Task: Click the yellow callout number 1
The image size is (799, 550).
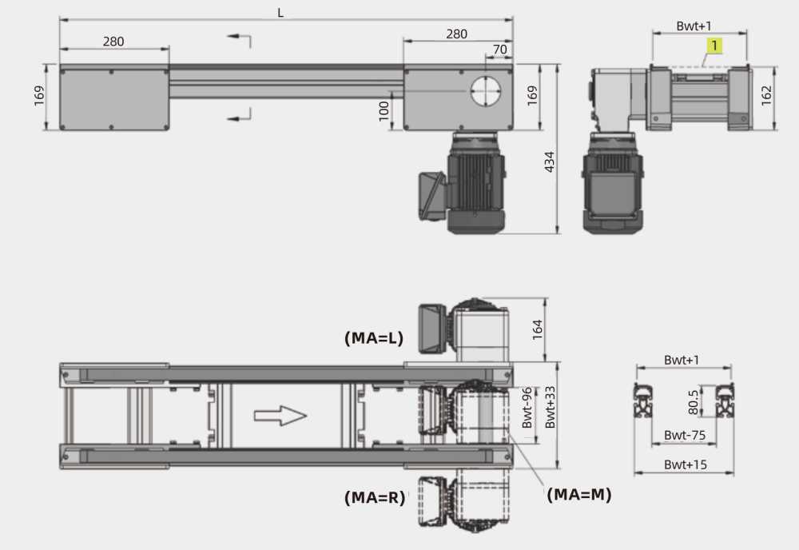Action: (714, 46)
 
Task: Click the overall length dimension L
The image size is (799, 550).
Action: (280, 14)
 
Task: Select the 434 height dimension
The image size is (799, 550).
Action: (550, 162)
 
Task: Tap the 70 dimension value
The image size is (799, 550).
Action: (500, 50)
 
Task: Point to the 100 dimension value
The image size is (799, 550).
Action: (384, 111)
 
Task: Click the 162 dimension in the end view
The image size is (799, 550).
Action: (766, 96)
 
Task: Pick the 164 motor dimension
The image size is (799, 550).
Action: (537, 329)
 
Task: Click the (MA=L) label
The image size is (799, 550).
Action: (374, 338)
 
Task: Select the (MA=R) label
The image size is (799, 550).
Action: (375, 497)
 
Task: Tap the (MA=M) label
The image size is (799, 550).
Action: (578, 494)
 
